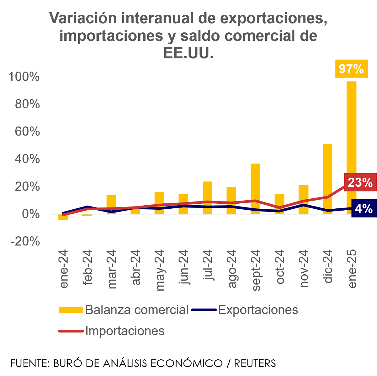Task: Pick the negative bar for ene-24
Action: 63,217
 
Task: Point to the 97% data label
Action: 351,69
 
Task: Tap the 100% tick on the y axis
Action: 24,77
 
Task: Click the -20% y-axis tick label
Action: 25,241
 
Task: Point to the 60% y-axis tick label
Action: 27,132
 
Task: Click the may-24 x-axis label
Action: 160,270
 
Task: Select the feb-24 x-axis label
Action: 87,267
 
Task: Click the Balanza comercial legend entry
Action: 124,310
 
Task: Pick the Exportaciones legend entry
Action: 245,310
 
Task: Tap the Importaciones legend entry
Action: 112,331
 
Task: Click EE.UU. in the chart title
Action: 188,53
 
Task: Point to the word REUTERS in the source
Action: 255,363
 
